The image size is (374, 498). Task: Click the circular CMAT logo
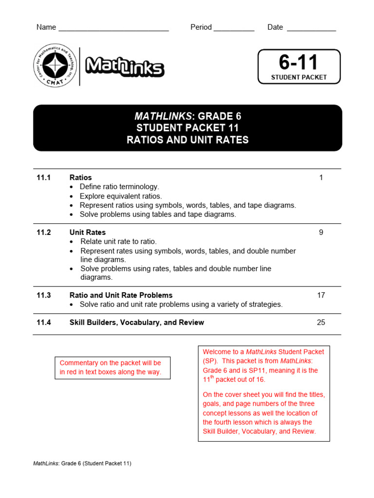coord(55,66)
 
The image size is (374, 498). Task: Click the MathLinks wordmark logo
coord(125,67)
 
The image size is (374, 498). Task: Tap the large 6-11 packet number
coord(298,63)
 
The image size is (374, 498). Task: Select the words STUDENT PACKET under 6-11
coord(299,77)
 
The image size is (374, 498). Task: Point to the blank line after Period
coord(234,28)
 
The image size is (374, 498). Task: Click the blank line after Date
coord(311,28)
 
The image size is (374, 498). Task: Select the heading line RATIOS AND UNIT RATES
coord(187,140)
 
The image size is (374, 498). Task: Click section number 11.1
coord(43,178)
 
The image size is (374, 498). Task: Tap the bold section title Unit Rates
coord(88,232)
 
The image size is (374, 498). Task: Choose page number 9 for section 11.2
coord(321,232)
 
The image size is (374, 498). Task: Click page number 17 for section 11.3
coord(321,295)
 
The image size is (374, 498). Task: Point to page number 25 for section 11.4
coord(321,322)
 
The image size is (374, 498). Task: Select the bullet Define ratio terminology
coord(119,187)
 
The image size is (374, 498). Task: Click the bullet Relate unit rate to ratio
coord(118,242)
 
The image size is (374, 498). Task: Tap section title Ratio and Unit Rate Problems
coord(121,295)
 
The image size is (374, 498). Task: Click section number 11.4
coord(43,322)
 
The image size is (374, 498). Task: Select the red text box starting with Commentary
coord(112,368)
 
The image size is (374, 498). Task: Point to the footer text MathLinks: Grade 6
coord(82,463)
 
